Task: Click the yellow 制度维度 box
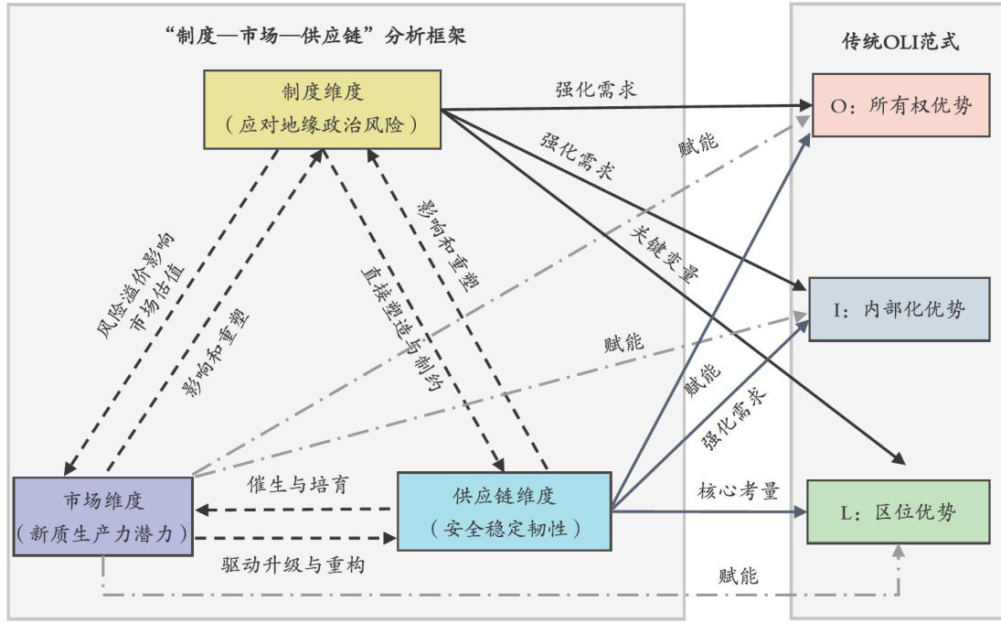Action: (321, 110)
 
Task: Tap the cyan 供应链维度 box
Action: (504, 510)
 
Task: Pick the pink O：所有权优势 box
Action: (900, 105)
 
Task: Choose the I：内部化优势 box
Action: (900, 309)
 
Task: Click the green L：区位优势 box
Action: (900, 511)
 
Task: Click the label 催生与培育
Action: (295, 484)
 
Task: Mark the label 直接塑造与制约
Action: (394, 326)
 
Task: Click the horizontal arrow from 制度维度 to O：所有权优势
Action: (622, 107)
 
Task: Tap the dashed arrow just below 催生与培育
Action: (294, 509)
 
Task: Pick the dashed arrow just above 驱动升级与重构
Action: (294, 539)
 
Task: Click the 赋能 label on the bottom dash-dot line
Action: (738, 576)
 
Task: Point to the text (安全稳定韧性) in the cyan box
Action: (504, 528)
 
